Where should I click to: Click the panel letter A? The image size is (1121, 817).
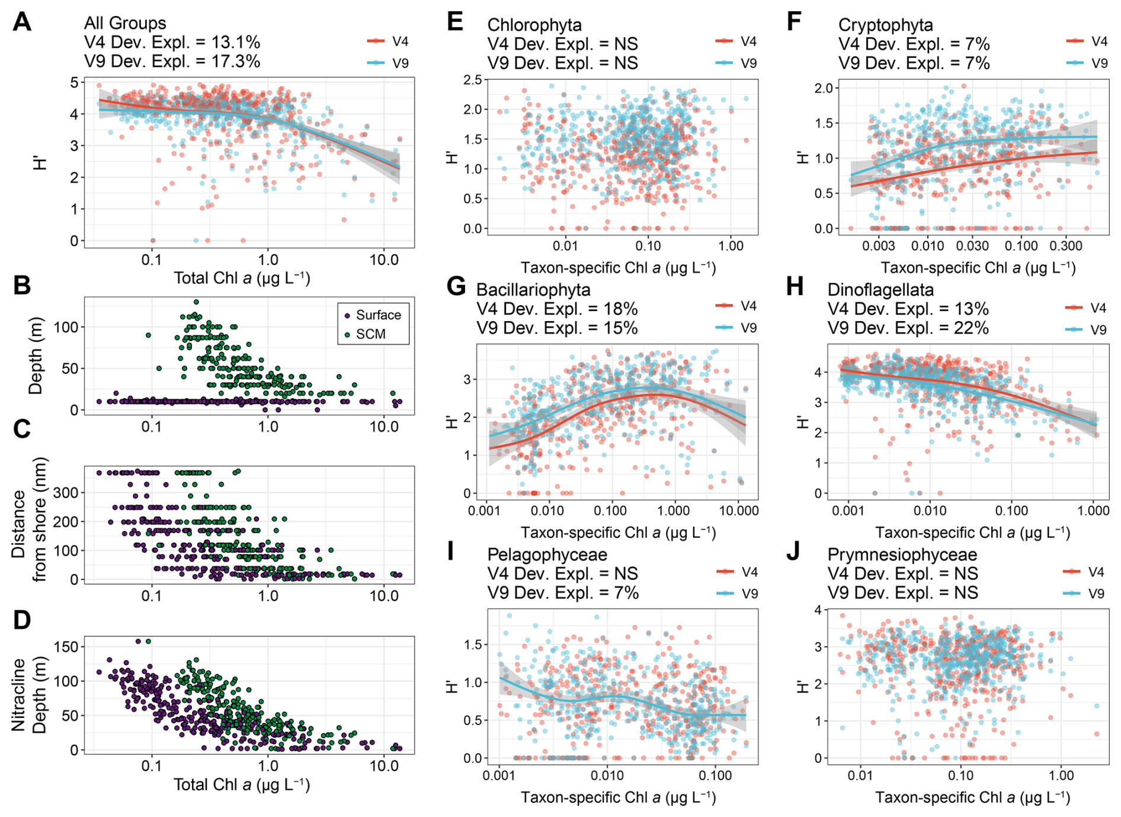pyautogui.click(x=22, y=23)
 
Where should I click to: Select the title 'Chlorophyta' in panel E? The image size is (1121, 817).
pyautogui.click(x=534, y=25)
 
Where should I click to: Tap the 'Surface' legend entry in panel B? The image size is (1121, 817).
pyautogui.click(x=378, y=315)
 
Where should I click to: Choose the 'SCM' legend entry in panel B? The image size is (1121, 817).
pyautogui.click(x=370, y=334)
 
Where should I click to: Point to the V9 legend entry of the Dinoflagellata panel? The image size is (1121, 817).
pyautogui.click(x=1097, y=329)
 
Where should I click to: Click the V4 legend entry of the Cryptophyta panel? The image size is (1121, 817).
pyautogui.click(x=1099, y=41)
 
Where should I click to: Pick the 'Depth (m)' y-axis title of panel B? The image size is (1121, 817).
pyautogui.click(x=36, y=355)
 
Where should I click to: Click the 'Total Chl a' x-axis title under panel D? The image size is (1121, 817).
pyautogui.click(x=242, y=784)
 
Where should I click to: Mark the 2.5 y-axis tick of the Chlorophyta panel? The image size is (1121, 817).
pyautogui.click(x=472, y=80)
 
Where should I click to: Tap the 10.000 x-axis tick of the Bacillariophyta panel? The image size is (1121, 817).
pyautogui.click(x=738, y=511)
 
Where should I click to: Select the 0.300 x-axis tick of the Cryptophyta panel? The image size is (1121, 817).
pyautogui.click(x=1066, y=246)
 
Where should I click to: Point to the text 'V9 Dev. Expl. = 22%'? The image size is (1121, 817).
pyautogui.click(x=908, y=328)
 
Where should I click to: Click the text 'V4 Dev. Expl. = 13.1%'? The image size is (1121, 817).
pyautogui.click(x=172, y=42)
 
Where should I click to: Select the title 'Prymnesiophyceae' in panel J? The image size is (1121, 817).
pyautogui.click(x=902, y=555)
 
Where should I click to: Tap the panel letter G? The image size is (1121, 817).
pyautogui.click(x=456, y=287)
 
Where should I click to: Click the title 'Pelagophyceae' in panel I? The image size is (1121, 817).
pyautogui.click(x=547, y=555)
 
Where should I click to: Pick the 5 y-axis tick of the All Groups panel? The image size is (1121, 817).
pyautogui.click(x=74, y=82)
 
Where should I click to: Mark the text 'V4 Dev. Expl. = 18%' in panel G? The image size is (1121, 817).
pyautogui.click(x=556, y=309)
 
